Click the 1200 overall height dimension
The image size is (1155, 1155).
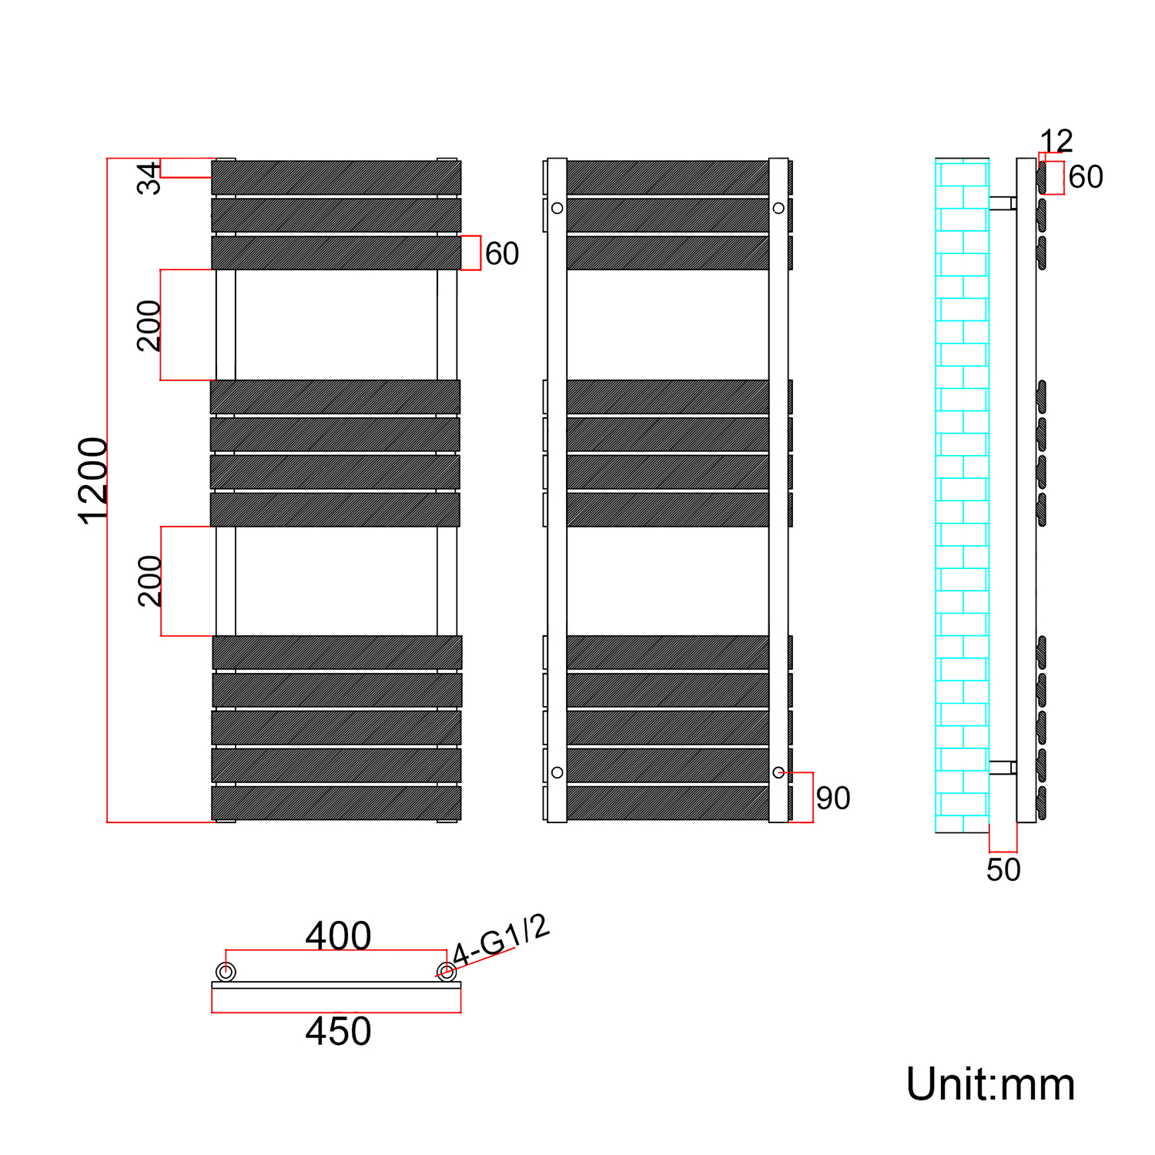pyautogui.click(x=93, y=480)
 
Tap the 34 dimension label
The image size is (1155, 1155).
pyautogui.click(x=149, y=178)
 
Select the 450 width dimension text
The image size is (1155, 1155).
pyautogui.click(x=338, y=1032)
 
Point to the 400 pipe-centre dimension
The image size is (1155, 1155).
pyautogui.click(x=338, y=936)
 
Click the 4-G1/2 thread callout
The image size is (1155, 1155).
pyautogui.click(x=501, y=939)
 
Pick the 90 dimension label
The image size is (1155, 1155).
pyautogui.click(x=832, y=798)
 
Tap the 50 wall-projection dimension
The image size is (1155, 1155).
pyautogui.click(x=1003, y=870)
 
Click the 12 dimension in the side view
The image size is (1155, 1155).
pyautogui.click(x=1056, y=141)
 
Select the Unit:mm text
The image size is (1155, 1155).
pyautogui.click(x=990, y=1085)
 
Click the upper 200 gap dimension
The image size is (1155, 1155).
pyautogui.click(x=149, y=326)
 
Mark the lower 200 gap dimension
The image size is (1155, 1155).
pyautogui.click(x=149, y=581)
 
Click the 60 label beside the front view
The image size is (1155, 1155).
pyautogui.click(x=502, y=254)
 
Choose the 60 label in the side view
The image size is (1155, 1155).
pyautogui.click(x=1086, y=177)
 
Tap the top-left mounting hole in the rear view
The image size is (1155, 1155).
pyautogui.click(x=557, y=208)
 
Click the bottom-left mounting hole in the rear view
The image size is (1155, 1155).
pyautogui.click(x=557, y=772)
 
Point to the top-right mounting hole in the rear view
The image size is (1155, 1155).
pyautogui.click(x=778, y=208)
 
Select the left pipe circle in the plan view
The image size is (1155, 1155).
pyautogui.click(x=226, y=972)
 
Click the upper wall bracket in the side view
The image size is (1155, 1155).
pyautogui.click(x=1003, y=203)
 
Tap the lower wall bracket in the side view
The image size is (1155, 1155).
pyautogui.click(x=1003, y=768)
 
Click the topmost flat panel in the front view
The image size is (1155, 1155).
pyautogui.click(x=336, y=177)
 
